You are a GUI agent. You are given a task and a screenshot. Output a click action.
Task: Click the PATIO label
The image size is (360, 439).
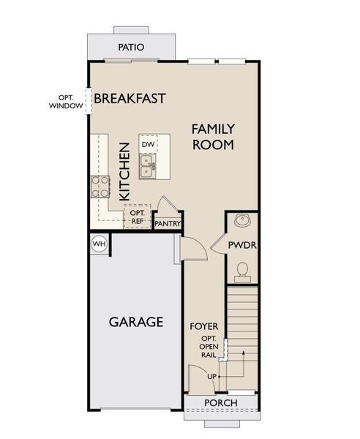pos(131,48)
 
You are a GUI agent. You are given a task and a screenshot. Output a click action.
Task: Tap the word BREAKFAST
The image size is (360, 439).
pos(130,98)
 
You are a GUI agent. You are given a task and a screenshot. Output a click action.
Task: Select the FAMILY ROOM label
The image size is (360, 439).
pos(213,137)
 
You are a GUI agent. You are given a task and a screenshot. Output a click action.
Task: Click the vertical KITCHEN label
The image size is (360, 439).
pos(125,171)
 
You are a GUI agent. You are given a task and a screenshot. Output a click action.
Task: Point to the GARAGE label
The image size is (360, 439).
pos(135,322)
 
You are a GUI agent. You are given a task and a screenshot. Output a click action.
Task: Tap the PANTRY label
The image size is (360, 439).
pos(168,223)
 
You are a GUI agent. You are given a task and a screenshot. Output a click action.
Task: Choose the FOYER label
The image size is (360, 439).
pos(204,325)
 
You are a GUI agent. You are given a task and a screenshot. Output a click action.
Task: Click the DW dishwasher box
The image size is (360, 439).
pos(148,144)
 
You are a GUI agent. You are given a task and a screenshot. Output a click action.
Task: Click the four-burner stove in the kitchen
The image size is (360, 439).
pos(100,186)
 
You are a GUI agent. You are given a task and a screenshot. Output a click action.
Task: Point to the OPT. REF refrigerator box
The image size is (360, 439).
pos(137,217)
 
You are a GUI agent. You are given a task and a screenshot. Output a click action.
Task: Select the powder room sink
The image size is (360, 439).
pos(241,220)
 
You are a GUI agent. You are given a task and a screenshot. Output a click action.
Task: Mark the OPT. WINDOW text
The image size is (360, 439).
pos(67,101)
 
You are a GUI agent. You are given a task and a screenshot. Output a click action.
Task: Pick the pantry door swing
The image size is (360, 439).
pos(165,204)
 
